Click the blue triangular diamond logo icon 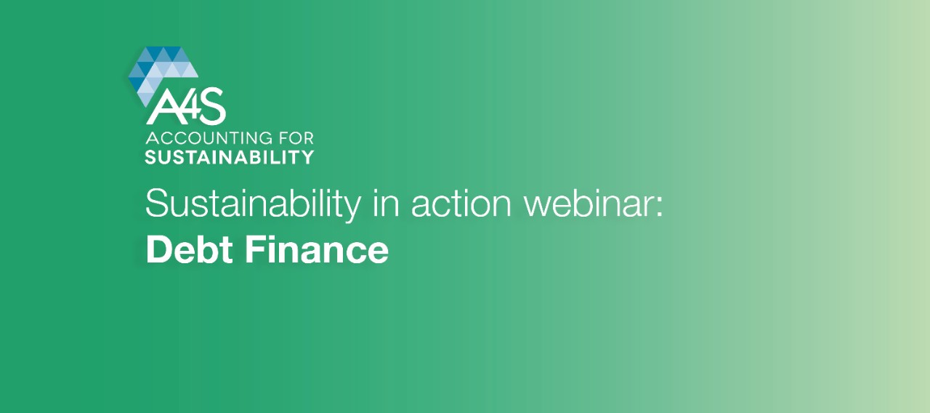click(162, 71)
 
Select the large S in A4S click(211, 106)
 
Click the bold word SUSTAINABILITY click(229, 157)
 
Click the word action click(461, 204)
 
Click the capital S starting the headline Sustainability click(158, 204)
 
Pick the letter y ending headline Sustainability click(351, 209)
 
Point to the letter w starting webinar click(538, 207)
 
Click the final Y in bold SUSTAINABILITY click(307, 157)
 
